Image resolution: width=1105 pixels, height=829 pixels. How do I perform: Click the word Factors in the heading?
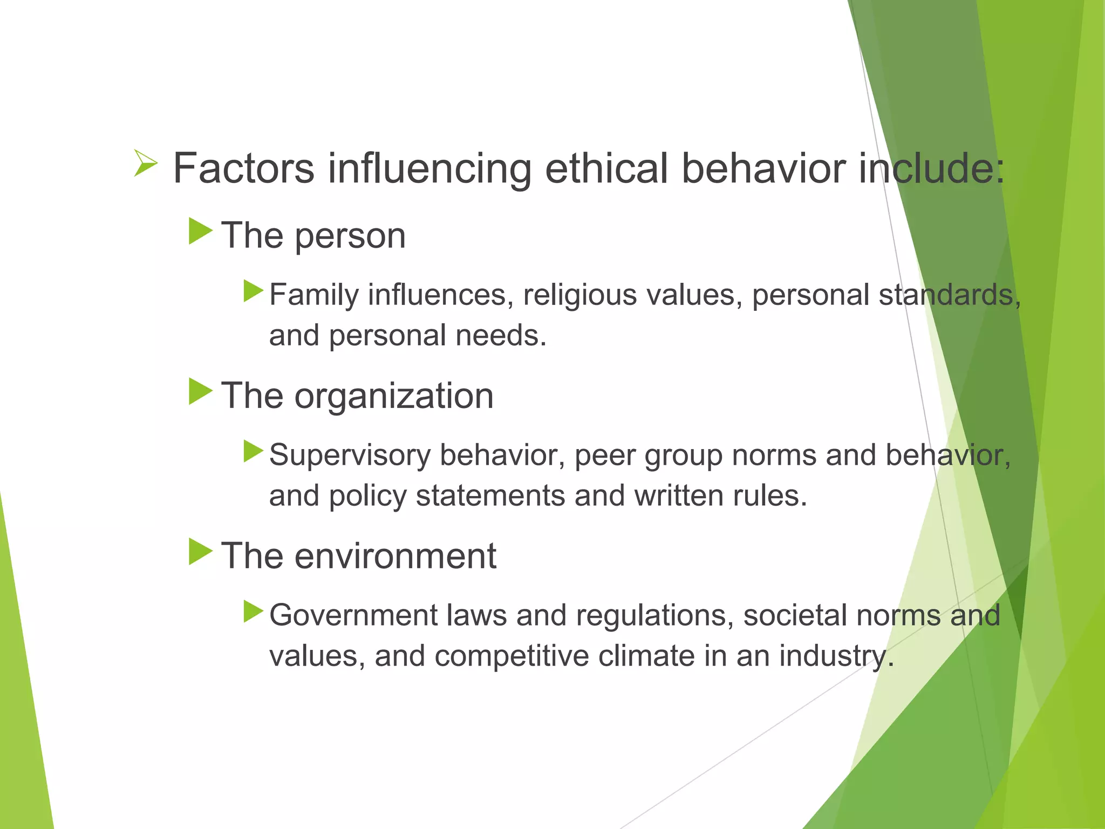[243, 168]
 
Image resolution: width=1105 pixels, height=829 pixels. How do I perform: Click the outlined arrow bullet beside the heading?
[146, 164]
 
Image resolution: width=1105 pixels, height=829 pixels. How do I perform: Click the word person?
[350, 236]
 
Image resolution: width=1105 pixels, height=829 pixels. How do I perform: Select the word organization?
[394, 397]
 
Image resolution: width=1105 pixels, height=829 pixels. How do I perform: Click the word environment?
[395, 556]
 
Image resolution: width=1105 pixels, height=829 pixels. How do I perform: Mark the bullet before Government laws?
[253, 611]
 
